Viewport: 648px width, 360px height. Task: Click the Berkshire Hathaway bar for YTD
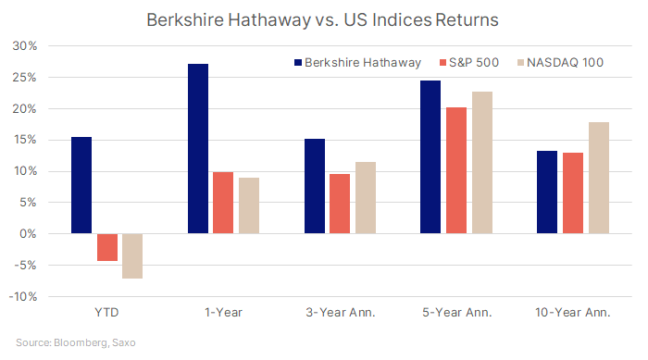click(81, 185)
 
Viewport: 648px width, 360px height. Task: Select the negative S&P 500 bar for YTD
click(107, 247)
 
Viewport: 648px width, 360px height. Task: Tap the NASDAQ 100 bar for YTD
click(132, 255)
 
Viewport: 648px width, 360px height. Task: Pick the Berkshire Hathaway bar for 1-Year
click(198, 149)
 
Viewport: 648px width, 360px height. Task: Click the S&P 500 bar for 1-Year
click(223, 203)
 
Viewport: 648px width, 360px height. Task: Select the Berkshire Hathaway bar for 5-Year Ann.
click(430, 157)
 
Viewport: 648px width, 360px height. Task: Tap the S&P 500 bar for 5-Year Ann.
click(455, 170)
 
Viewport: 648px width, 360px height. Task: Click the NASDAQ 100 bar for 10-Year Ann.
click(597, 178)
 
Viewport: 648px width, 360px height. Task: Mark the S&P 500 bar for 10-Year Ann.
click(572, 193)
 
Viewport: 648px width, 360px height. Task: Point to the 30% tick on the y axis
click(24, 46)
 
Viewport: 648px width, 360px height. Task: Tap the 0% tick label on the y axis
click(27, 234)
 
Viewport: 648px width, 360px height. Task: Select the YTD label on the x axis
click(106, 314)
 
